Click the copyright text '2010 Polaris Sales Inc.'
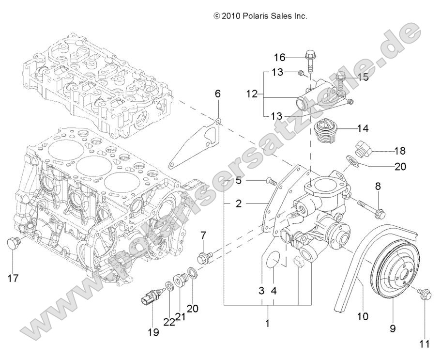coord(260,16)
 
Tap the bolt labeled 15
coord(340,78)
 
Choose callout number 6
coord(218,94)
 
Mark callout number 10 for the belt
coord(362,316)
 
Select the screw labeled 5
coord(271,182)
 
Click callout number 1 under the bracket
coord(267,322)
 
